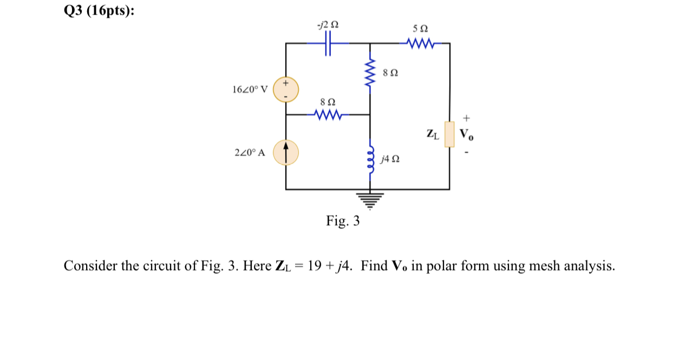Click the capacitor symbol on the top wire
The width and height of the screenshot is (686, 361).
tap(328, 43)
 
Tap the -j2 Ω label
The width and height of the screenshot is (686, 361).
tap(329, 24)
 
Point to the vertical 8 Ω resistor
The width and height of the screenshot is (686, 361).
tap(370, 76)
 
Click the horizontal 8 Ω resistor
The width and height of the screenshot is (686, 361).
tap(328, 115)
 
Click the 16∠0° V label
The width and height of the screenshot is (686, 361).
tap(250, 89)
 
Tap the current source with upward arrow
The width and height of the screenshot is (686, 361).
tap(285, 153)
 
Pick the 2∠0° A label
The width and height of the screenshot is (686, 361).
tap(250, 153)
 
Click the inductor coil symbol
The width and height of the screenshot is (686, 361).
tap(370, 157)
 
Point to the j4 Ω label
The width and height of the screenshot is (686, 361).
tap(390, 159)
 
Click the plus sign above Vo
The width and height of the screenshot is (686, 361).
tap(467, 117)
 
